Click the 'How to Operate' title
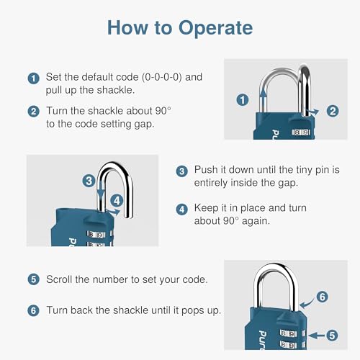pos(179,28)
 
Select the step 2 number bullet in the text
pos(33,112)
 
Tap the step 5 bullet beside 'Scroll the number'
pos(33,279)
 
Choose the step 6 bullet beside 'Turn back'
pos(33,310)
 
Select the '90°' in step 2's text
pos(179,111)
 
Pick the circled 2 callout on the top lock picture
pos(333,110)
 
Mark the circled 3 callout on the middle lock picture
pos(88,181)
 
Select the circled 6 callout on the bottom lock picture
pos(322,296)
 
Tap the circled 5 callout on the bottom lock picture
pos(333,335)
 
